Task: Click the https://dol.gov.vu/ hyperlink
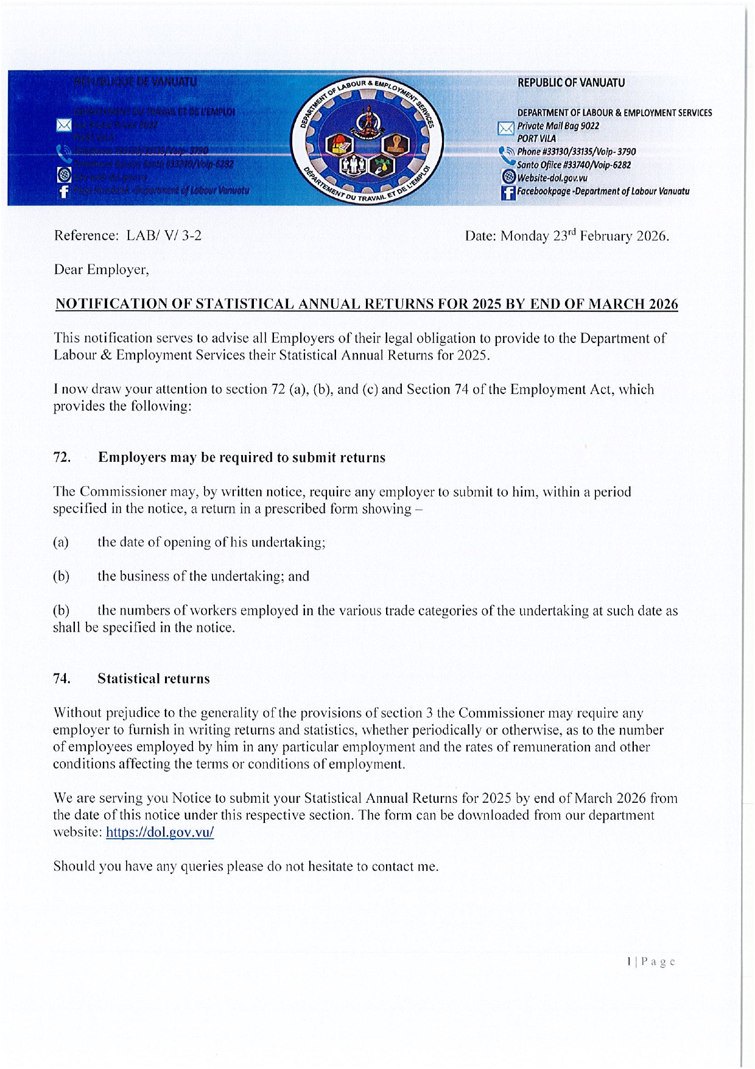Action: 160,832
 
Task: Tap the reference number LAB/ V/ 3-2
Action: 164,236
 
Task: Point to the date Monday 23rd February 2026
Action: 584,236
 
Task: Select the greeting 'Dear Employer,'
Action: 101,269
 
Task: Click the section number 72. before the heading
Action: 61,457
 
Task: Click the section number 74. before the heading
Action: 61,679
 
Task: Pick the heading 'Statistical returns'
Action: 153,679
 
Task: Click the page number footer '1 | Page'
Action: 651,962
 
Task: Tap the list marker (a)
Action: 61,542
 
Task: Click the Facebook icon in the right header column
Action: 508,192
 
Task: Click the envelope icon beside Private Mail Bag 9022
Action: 506,128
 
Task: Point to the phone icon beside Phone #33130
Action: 507,155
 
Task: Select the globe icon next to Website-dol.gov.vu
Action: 508,177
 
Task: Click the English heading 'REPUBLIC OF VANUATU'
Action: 571,83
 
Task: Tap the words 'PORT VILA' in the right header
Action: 536,139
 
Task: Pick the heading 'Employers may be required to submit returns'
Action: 242,457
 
